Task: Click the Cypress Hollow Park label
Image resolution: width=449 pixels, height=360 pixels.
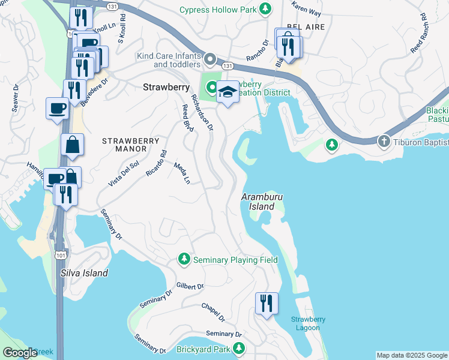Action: pos(219,10)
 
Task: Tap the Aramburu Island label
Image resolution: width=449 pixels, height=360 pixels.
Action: pos(262,201)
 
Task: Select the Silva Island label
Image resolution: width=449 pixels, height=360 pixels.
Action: pos(85,273)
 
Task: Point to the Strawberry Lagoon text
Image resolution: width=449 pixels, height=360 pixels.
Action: pos(309,323)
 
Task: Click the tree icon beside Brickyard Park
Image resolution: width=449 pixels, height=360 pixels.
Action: pos(239,348)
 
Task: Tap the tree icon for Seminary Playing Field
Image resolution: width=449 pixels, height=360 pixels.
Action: pos(184,260)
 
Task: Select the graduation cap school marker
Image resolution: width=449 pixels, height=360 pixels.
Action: pos(227,92)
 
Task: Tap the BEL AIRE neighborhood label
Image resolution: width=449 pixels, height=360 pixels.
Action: pos(302,26)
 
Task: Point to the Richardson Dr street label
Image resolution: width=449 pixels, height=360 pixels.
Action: pos(202,111)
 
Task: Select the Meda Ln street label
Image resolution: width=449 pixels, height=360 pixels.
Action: pos(182,173)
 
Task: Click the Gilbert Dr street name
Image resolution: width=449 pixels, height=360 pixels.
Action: pos(190,286)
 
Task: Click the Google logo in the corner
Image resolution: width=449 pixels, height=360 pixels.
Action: pos(19,353)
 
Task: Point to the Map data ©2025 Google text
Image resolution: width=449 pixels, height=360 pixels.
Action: pos(412,355)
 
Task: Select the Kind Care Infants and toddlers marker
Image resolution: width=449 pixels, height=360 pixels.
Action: pos(210,59)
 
